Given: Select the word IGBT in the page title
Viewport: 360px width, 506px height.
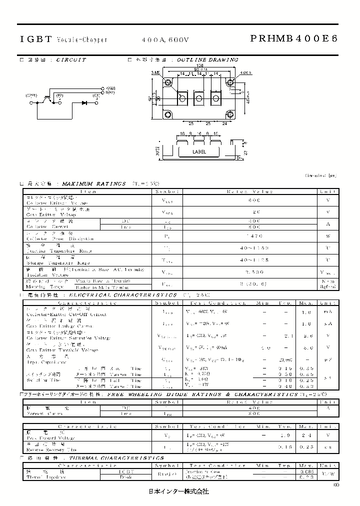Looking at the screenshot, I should [34, 39].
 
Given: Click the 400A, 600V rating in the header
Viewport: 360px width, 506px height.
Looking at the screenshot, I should [165, 39].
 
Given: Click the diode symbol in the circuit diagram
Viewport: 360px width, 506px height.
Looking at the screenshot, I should [84, 102].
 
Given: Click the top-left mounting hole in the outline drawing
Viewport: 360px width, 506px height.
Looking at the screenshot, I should [167, 82].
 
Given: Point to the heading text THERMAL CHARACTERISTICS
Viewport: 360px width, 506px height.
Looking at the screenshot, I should [116, 458].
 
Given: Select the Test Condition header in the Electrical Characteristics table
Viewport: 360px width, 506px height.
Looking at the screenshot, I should [226, 302].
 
